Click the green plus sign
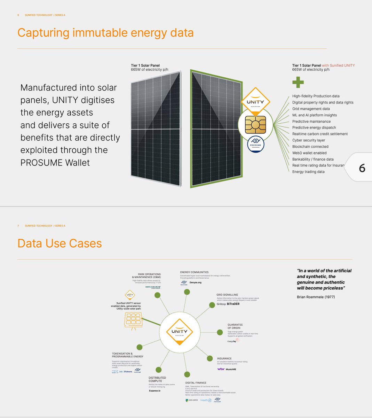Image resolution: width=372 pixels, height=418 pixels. (x=298, y=82)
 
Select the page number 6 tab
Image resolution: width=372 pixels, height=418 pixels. (x=362, y=168)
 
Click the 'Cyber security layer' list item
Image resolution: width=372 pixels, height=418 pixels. (x=308, y=140)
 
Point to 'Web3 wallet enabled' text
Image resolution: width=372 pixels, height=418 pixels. (x=309, y=153)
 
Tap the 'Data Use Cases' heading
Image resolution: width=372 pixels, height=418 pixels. (x=60, y=243)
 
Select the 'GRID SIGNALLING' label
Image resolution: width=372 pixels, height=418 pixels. (x=227, y=295)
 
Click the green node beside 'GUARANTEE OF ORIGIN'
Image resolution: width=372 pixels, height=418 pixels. (x=220, y=332)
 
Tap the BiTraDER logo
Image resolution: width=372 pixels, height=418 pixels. (x=233, y=304)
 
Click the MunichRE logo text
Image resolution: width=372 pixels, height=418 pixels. (x=231, y=369)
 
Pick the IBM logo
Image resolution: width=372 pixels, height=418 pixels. (x=115, y=372)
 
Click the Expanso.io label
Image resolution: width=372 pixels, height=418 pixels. (x=155, y=391)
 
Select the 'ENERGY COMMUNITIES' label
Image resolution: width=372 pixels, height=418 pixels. (x=194, y=272)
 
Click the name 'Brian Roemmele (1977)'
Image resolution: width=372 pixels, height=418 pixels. (x=316, y=297)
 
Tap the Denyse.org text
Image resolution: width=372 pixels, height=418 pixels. (x=195, y=282)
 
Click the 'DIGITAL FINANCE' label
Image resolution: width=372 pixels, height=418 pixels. (x=196, y=383)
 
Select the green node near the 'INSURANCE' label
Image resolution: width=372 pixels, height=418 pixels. (x=209, y=358)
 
